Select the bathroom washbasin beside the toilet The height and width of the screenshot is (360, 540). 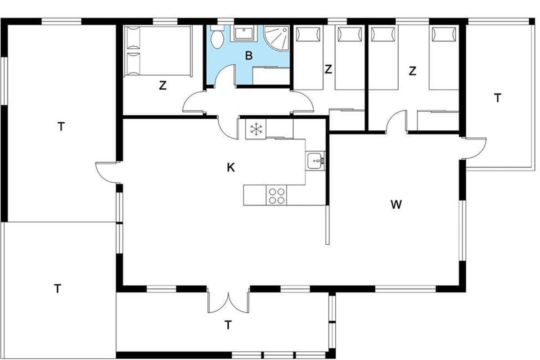(244, 33)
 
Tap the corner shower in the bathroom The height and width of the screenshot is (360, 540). (277, 38)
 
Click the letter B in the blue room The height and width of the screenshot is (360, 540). (249, 56)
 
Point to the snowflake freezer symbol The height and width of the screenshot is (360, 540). (256, 129)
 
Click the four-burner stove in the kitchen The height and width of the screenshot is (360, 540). (276, 195)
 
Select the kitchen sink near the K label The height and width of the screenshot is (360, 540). (315, 161)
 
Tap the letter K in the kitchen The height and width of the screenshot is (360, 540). (231, 167)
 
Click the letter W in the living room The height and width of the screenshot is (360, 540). (396, 205)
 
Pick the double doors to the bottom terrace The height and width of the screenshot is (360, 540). (228, 302)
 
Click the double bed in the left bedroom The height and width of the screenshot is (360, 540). (158, 51)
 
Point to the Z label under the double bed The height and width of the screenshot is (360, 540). (163, 85)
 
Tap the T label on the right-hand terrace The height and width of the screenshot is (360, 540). (498, 98)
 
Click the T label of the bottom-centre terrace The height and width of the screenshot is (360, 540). (228, 325)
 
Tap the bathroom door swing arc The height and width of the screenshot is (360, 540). (225, 78)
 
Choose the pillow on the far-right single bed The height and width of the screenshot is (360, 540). (444, 34)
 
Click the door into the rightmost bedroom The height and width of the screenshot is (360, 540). (396, 121)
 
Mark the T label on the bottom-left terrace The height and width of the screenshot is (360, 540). (58, 288)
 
